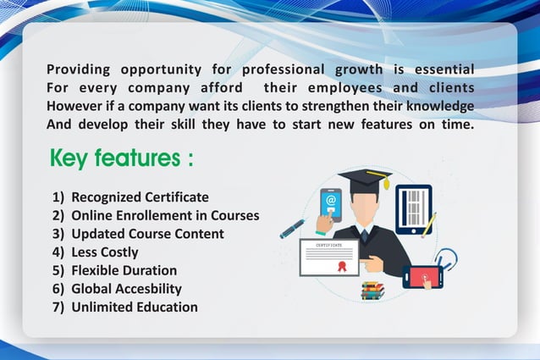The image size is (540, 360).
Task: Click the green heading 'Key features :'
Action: coord(122,158)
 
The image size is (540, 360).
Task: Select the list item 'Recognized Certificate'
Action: coord(139,197)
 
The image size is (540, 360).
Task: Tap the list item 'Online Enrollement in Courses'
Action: coord(164,215)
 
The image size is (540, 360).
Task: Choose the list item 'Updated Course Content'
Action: coord(147,234)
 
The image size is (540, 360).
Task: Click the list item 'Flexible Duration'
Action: coord(124,270)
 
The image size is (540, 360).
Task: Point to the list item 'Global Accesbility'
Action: coord(126,288)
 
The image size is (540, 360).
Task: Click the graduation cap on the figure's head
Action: coord(365,180)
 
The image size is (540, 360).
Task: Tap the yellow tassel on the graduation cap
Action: coord(387,182)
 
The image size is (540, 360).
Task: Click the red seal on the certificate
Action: coord(343,265)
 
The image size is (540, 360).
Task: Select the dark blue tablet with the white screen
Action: coord(413,208)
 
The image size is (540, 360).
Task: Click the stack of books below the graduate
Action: coord(372,290)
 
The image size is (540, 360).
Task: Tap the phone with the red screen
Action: coord(422,276)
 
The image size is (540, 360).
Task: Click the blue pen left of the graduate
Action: coord(293,227)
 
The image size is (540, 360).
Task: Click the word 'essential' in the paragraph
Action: coord(443,69)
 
